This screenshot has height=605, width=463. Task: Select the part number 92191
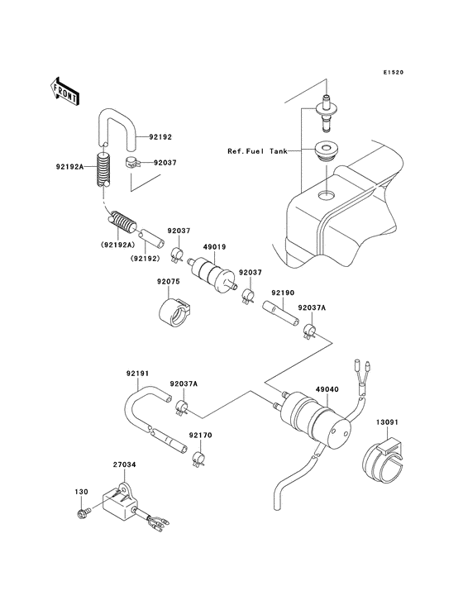pos(137,374)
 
